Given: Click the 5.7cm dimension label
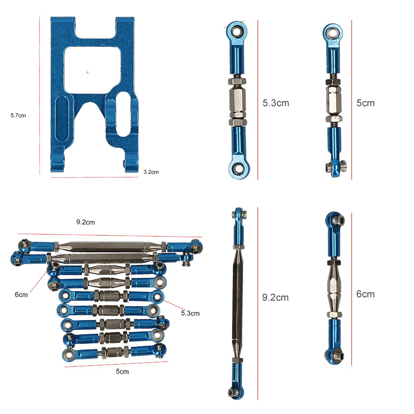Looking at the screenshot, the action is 18,116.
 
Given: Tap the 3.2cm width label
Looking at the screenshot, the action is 151,172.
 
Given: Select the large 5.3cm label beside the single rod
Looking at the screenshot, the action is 276,103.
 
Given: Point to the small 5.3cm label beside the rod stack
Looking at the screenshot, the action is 190,313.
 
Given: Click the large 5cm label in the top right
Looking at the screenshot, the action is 365,103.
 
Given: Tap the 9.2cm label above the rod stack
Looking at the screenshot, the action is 86,222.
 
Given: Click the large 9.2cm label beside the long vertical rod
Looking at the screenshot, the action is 275,297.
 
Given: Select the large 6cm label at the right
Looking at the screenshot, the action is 365,294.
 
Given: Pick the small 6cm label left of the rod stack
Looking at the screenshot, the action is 21,295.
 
